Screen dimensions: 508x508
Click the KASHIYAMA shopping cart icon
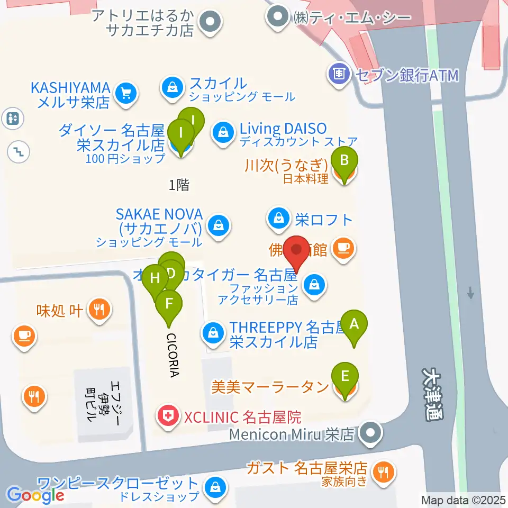(125, 94)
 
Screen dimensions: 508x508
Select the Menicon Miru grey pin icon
(370, 434)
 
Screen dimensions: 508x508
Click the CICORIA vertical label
(173, 355)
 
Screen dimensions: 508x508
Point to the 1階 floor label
(179, 185)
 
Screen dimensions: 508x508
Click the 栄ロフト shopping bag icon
(277, 218)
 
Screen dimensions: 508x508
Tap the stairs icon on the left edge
(18, 152)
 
